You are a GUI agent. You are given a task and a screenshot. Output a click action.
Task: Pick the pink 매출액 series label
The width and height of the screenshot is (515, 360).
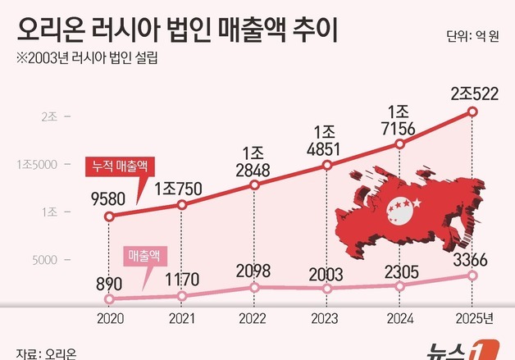click(148, 256)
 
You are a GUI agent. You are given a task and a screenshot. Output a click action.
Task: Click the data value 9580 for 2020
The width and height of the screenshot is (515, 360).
click(108, 197)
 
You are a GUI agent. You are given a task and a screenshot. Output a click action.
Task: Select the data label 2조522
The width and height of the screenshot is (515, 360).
click(472, 93)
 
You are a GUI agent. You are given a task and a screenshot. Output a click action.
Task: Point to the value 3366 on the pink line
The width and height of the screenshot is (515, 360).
click(471, 261)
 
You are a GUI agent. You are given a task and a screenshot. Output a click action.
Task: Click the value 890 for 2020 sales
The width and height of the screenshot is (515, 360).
click(108, 284)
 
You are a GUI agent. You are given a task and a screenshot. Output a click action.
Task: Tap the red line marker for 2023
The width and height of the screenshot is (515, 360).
click(327, 165)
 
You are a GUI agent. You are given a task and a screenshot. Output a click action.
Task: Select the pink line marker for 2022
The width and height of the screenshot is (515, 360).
click(255, 287)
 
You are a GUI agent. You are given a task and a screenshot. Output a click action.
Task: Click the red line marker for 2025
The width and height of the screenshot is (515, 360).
click(472, 112)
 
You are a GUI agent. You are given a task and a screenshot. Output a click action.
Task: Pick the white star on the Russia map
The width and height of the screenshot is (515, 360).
click(414, 202)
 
